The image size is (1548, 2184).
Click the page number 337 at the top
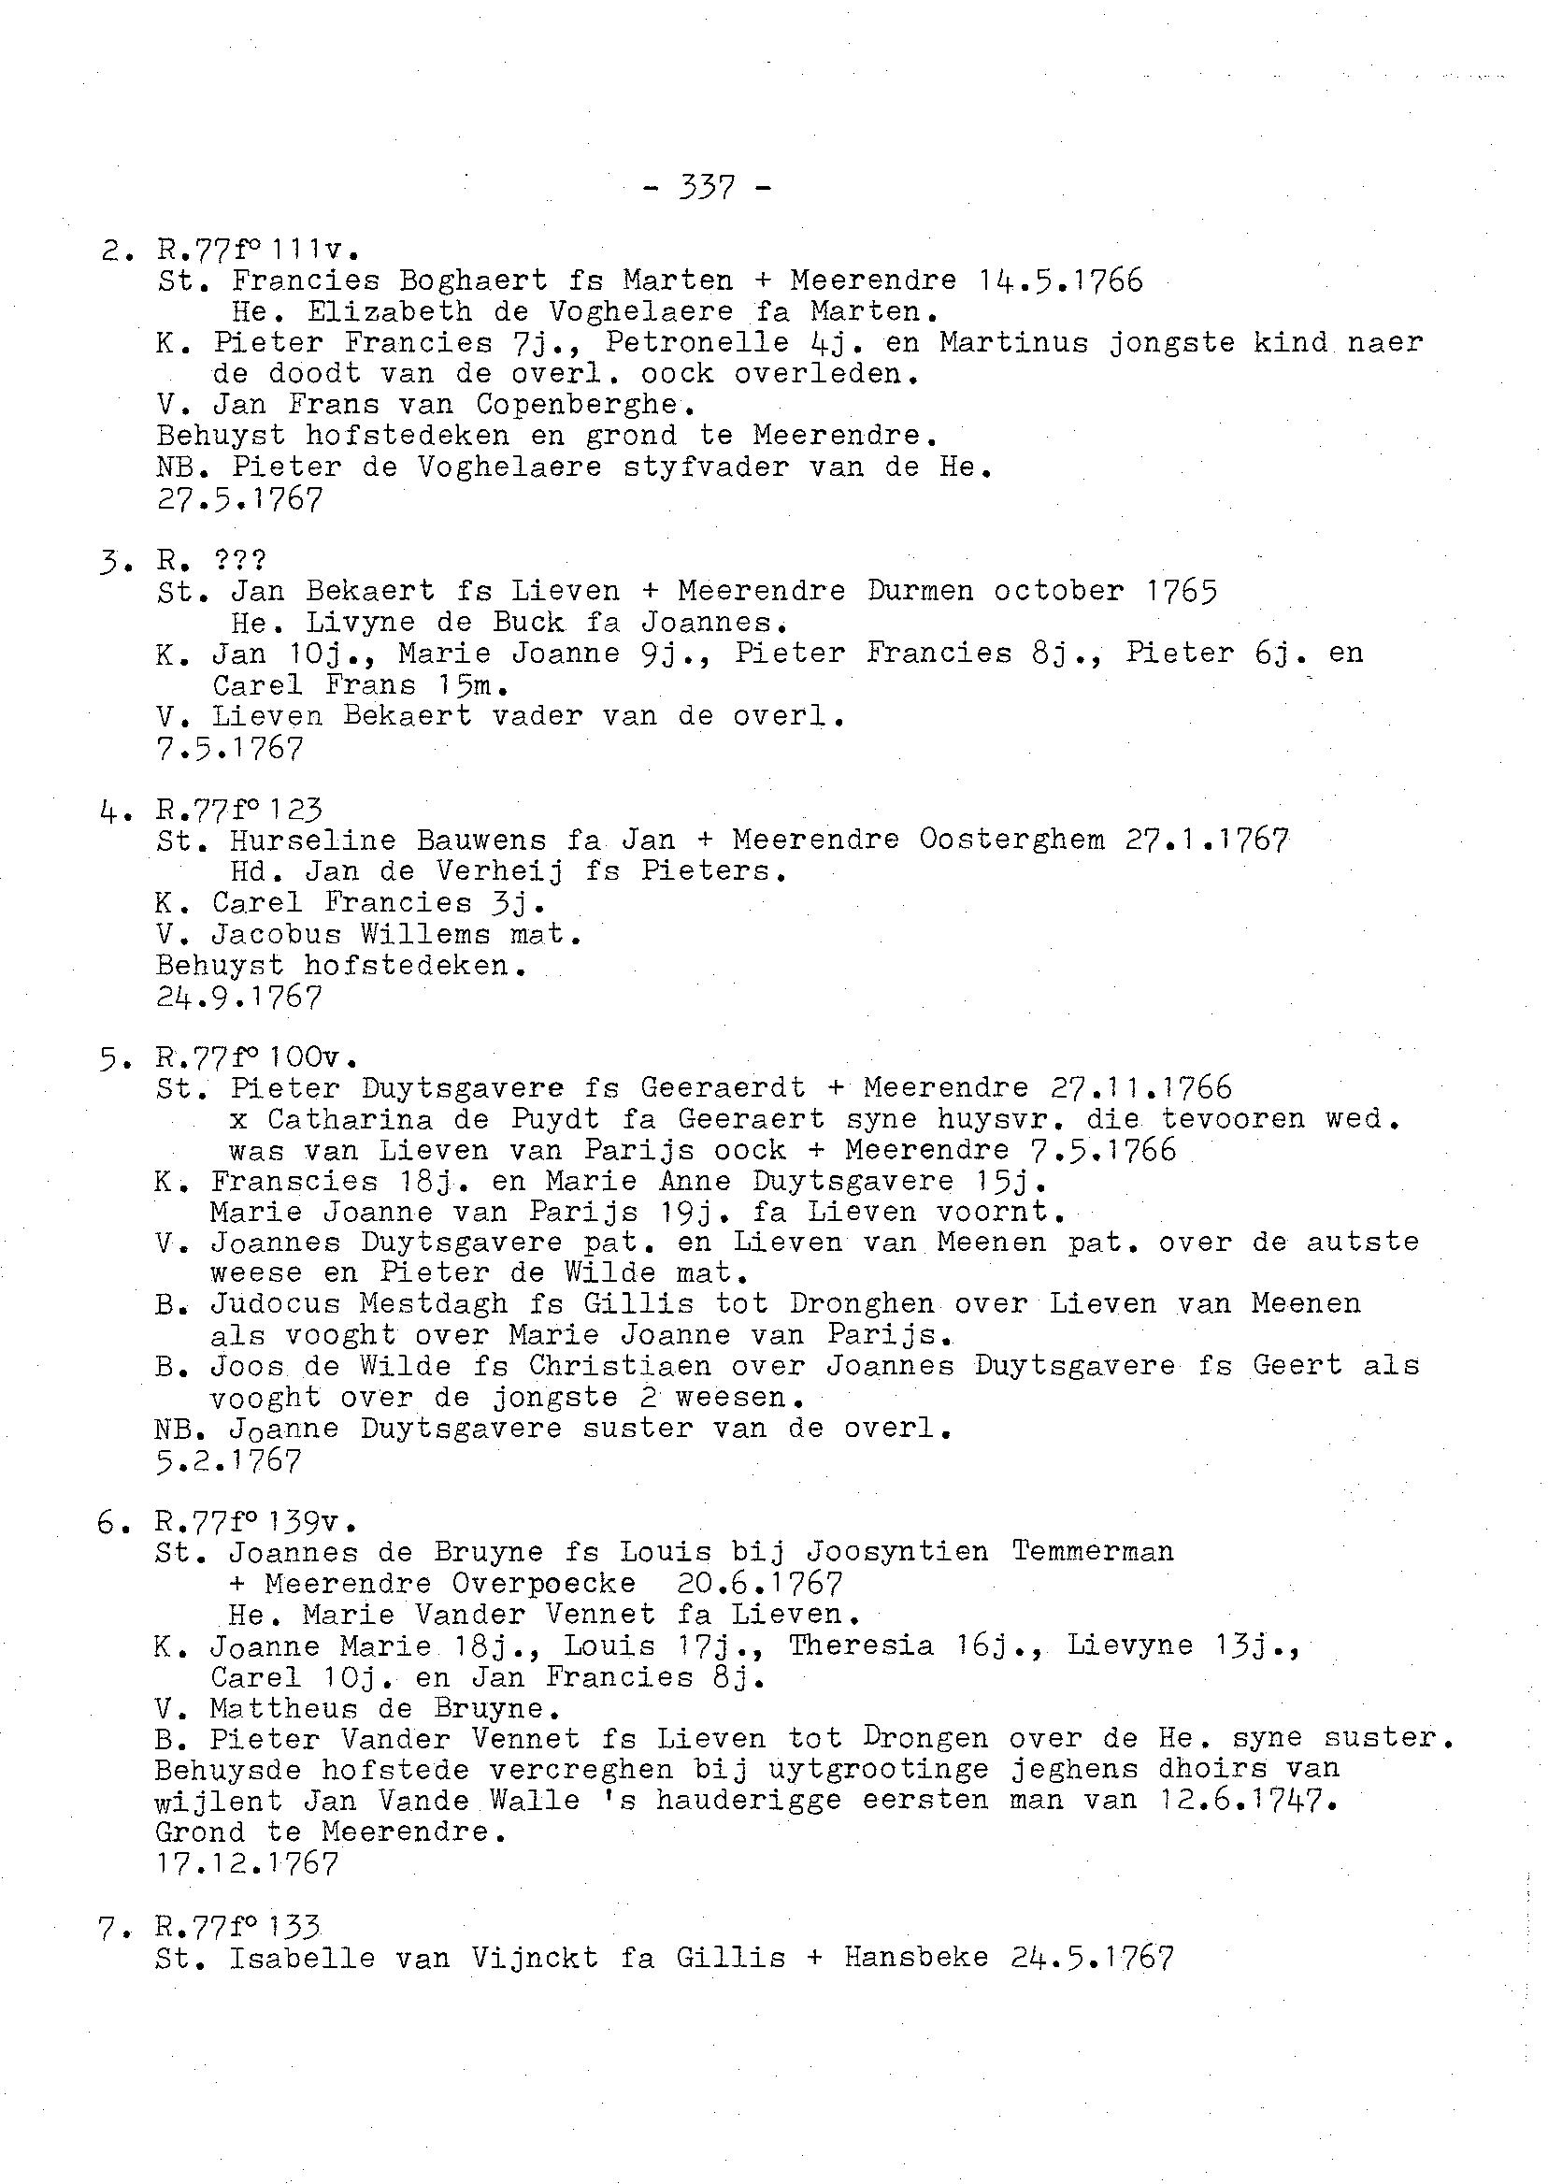(708, 189)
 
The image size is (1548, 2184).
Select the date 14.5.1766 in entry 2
(1061, 280)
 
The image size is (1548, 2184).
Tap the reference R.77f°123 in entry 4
(239, 811)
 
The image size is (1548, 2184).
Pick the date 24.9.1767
(239, 998)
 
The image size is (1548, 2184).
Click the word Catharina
(350, 1118)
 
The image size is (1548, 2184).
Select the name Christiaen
(620, 1366)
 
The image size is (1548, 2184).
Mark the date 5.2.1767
(230, 1459)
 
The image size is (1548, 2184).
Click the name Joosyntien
(901, 1552)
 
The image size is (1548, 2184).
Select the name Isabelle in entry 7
(303, 1958)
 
